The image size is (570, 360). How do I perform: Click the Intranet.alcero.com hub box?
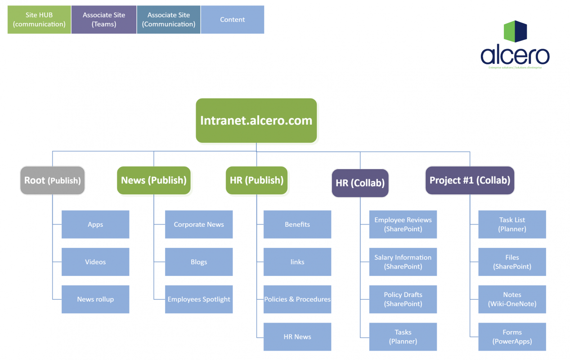pos(256,121)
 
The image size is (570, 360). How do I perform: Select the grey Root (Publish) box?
pos(53,180)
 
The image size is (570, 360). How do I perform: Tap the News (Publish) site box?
pos(154,180)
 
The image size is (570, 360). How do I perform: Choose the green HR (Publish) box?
pos(256,180)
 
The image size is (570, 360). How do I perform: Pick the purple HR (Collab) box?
pos(360,183)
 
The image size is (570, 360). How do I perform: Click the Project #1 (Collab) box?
pos(470,180)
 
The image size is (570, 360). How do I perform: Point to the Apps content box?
pos(95,225)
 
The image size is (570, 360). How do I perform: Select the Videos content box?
pos(95,262)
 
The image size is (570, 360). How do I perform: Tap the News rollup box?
pos(95,299)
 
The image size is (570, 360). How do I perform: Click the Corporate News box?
pos(199,225)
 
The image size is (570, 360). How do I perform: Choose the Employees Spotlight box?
pos(199,299)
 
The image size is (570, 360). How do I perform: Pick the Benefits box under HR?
pos(297,225)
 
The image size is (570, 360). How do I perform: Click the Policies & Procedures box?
pos(297,299)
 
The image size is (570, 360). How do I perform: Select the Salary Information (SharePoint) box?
pos(403,262)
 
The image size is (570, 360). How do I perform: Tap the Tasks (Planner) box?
pos(403,337)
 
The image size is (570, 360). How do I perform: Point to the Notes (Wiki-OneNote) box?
pos(512,299)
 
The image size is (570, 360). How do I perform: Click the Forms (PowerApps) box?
pos(512,337)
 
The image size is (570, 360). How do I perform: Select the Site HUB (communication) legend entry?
pos(39,20)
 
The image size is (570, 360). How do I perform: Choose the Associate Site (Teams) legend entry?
pos(104,20)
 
